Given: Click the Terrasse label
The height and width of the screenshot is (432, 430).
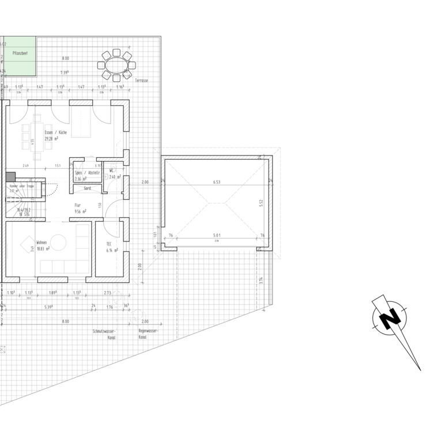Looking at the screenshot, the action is pyautogui.click(x=142, y=81).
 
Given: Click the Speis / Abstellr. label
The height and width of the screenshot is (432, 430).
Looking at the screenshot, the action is pyautogui.click(x=88, y=172).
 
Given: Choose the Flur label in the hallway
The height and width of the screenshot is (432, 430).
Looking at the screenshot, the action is pyautogui.click(x=77, y=205).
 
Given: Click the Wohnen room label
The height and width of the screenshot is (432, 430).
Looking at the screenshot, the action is pyautogui.click(x=42, y=242).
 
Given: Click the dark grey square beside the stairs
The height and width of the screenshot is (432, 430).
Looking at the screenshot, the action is pyautogui.click(x=10, y=177).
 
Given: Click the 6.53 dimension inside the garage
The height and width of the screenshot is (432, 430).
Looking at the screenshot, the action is pyautogui.click(x=217, y=182).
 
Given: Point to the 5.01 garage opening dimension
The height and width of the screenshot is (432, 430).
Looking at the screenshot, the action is pyautogui.click(x=216, y=235).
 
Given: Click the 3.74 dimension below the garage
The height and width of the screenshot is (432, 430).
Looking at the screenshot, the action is pyautogui.click(x=261, y=280).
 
